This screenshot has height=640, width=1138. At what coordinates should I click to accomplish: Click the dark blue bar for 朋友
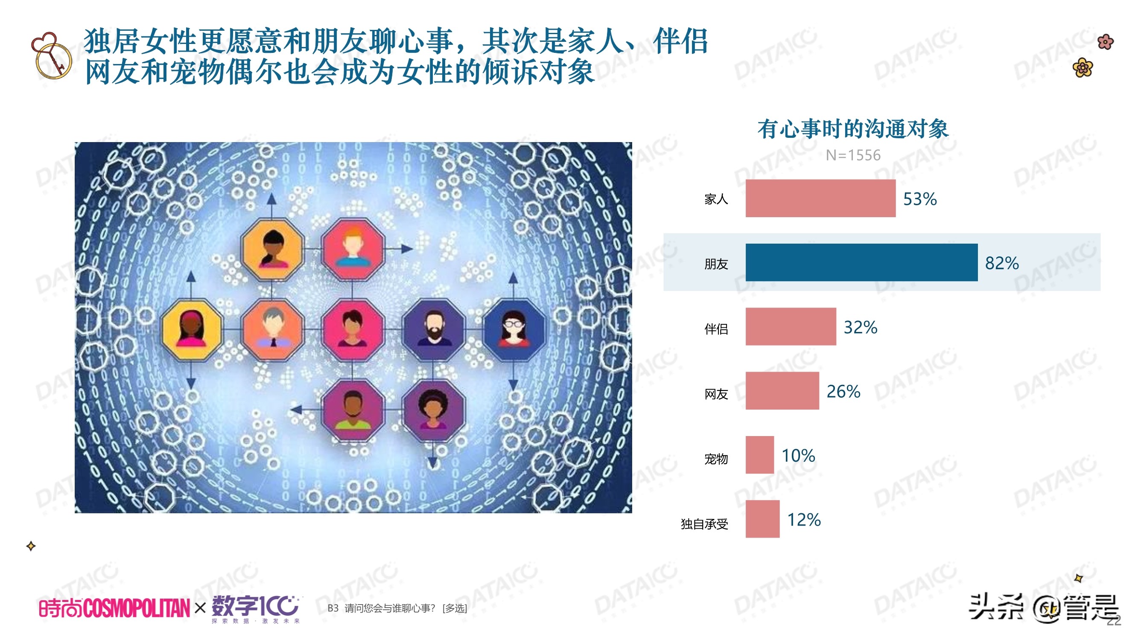[x=861, y=262]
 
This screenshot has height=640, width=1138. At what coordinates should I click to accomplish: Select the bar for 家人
[x=820, y=198]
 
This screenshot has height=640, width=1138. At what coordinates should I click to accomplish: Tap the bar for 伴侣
[x=791, y=326]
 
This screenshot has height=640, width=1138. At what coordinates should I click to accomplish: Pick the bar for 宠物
[x=759, y=455]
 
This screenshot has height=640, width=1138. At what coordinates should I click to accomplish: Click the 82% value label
[x=1001, y=263]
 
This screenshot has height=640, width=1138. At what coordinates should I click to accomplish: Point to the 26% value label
[x=843, y=391]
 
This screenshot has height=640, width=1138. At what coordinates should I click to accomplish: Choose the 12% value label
[x=804, y=520]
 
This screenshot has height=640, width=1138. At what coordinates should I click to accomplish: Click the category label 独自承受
[x=704, y=524]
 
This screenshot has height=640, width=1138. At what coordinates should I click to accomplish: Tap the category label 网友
[x=716, y=394]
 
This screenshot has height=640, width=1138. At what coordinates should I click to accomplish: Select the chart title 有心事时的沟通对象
[x=852, y=129]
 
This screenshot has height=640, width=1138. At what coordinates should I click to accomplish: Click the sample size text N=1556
[x=852, y=155]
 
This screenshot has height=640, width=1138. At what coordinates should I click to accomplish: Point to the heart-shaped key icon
[x=51, y=55]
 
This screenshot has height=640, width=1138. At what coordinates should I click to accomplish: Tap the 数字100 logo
[x=255, y=608]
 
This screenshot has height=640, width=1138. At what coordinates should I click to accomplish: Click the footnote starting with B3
[x=397, y=608]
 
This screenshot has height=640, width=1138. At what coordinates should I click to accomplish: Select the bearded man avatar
[x=434, y=329]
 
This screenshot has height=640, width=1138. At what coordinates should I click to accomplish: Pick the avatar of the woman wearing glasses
[x=514, y=329]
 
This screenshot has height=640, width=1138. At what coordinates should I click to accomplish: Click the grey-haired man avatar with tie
[x=273, y=329]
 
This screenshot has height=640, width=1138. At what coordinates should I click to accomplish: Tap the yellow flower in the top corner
[x=1083, y=67]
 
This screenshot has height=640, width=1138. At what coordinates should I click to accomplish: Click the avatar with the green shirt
[x=353, y=410]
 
